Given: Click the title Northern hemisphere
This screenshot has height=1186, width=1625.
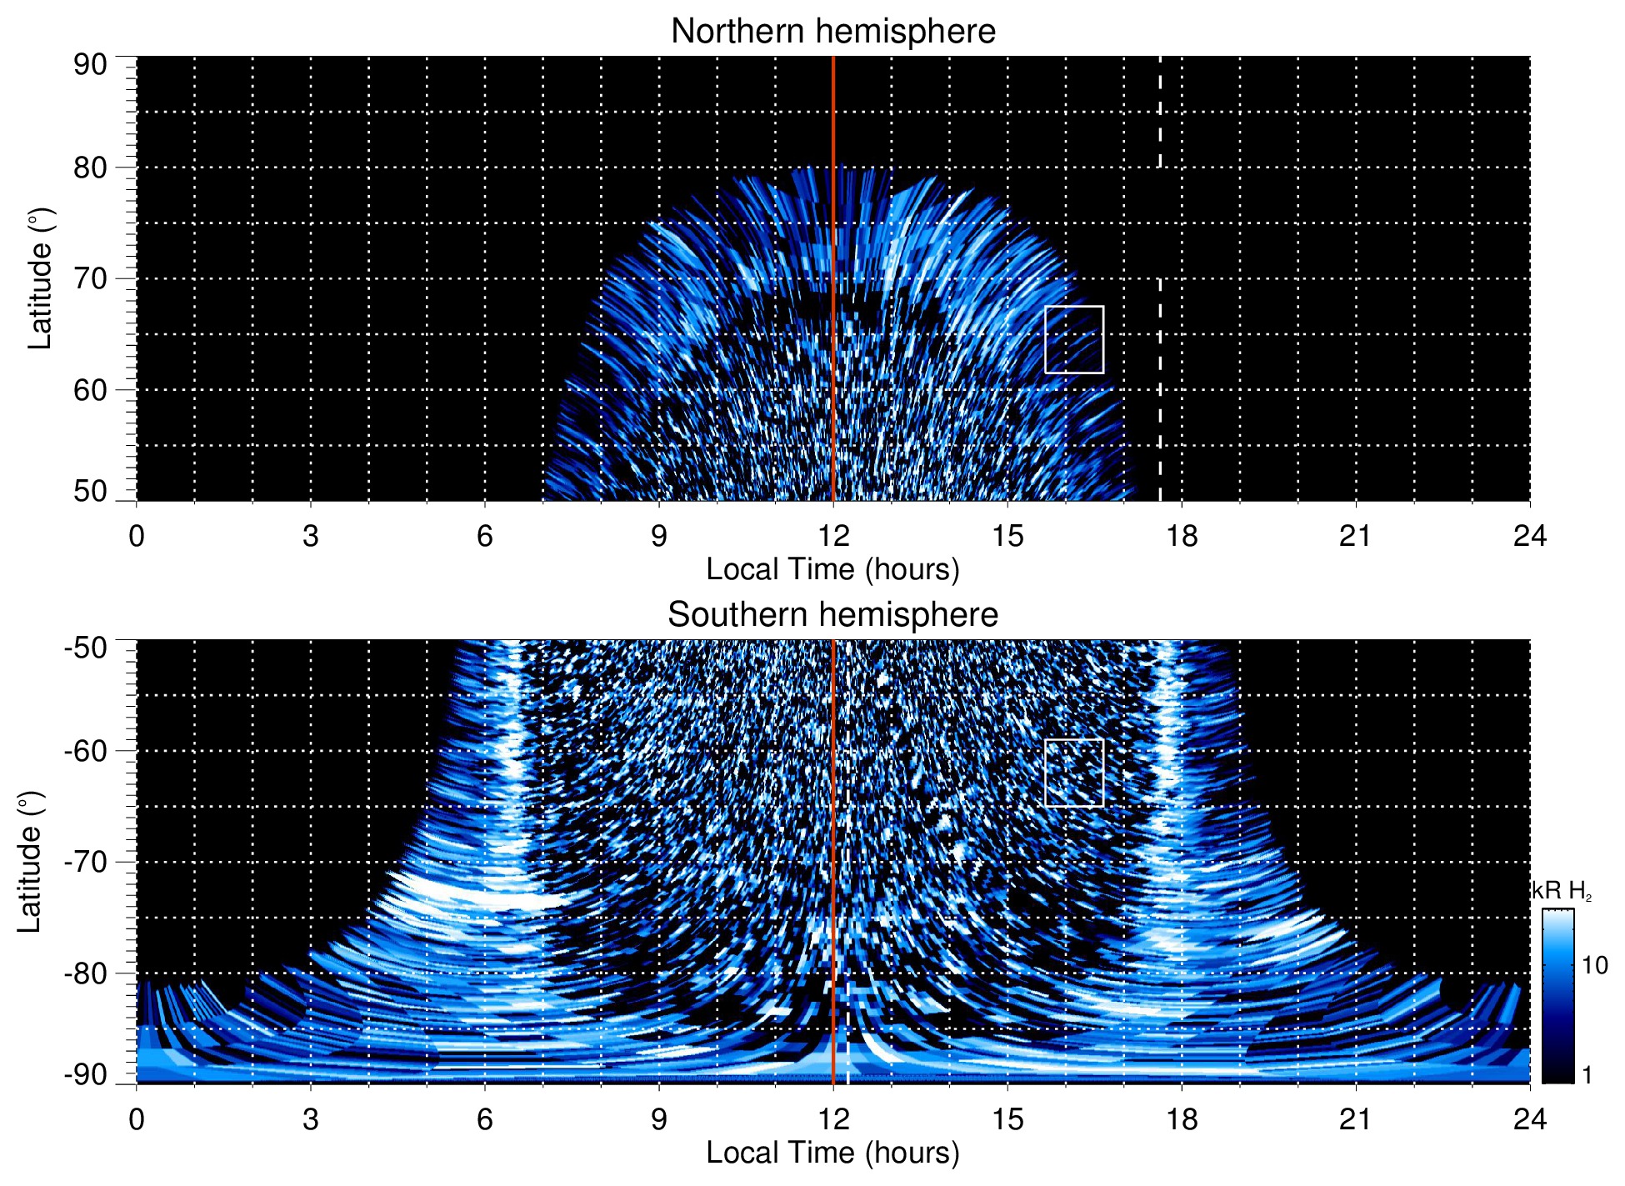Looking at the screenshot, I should tap(832, 32).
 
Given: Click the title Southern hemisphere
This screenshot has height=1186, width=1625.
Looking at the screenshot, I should tap(832, 615).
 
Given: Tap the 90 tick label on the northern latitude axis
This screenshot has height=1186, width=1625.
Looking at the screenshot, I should tap(90, 65).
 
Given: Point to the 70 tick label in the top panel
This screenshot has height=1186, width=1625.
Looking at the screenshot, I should tap(90, 278).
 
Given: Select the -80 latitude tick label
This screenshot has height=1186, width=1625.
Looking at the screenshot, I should tap(86, 973).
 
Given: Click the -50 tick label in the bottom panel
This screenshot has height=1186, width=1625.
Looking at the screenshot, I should tap(86, 648).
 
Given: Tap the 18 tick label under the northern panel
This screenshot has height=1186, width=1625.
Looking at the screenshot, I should tap(1181, 536).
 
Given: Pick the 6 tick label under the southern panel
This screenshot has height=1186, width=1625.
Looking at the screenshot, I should tap(484, 1119).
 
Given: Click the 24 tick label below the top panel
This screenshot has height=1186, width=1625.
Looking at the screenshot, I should tap(1529, 536).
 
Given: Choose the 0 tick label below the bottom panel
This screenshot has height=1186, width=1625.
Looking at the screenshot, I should tap(137, 1119).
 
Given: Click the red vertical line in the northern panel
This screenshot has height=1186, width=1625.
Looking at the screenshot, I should tap(833, 250).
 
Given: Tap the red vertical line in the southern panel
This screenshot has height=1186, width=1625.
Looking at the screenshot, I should tap(833, 833).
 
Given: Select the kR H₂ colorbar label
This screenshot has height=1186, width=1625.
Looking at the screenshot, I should tap(1562, 891).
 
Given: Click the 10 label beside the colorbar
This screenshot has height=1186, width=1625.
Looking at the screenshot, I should tap(1594, 966).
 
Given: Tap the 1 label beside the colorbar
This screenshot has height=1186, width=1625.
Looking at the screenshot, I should tap(1587, 1075).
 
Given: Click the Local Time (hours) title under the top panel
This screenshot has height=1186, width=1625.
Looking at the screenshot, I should tap(832, 569).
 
